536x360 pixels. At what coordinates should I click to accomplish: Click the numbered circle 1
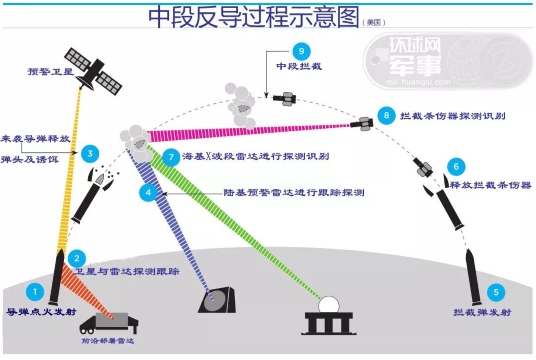click(x=35, y=292)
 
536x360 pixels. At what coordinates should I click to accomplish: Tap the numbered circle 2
click(x=76, y=258)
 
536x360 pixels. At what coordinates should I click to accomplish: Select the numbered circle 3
click(x=90, y=153)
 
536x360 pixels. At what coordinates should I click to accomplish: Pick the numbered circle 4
click(x=148, y=192)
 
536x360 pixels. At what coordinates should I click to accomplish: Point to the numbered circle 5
click(x=496, y=292)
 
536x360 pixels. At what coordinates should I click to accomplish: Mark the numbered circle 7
click(x=171, y=158)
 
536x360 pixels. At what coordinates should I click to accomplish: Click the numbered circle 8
click(x=387, y=115)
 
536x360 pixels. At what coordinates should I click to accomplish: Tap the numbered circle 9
click(x=301, y=50)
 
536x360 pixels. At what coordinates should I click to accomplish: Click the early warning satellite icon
click(x=93, y=72)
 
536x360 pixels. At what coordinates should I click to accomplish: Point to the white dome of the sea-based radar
click(x=328, y=303)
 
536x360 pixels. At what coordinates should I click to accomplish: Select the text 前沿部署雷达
click(x=108, y=342)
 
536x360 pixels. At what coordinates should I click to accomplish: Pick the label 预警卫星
click(x=50, y=72)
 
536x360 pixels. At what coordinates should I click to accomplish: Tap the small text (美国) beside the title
click(x=374, y=22)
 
